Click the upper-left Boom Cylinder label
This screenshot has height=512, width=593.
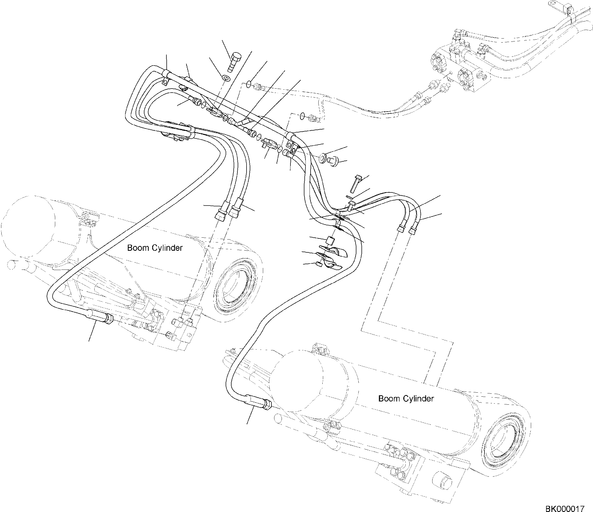click(x=155, y=248)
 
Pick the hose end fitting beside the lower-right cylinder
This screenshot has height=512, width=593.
click(x=258, y=403)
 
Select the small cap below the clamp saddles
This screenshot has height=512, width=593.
click(x=318, y=264)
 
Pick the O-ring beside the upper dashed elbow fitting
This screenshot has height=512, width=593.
click(x=249, y=84)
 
